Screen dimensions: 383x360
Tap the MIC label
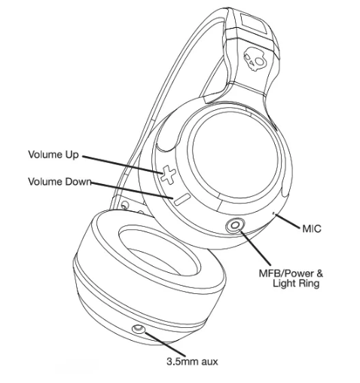[311, 227]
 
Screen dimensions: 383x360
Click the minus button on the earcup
[175, 199]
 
